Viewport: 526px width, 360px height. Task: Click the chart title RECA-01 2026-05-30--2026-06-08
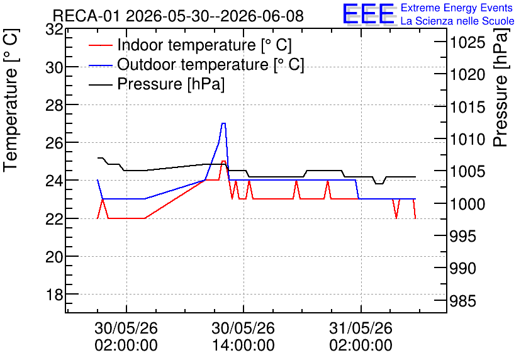[x=178, y=16]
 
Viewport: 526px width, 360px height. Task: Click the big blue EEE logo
[x=368, y=14]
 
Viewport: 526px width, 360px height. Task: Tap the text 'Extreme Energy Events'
[x=457, y=8]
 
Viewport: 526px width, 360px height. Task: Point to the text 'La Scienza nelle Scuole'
[x=457, y=21]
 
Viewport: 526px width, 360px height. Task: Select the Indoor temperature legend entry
[x=190, y=45]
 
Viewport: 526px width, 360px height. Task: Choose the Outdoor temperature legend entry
[x=196, y=64]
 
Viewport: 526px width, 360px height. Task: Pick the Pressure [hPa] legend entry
[x=157, y=84]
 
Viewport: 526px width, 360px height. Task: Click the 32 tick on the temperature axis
[x=54, y=30]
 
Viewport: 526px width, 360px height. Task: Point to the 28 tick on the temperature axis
[x=54, y=105]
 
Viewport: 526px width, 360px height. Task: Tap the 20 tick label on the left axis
[x=54, y=257]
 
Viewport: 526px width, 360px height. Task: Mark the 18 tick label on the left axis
[x=54, y=295]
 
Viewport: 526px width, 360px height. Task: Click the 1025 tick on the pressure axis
[x=467, y=43]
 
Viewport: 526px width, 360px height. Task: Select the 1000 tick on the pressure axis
[x=467, y=204]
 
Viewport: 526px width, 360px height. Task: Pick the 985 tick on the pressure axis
[x=462, y=301]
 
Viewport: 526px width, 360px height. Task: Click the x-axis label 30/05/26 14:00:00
[x=243, y=337]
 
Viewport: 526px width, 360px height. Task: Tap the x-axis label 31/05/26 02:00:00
[x=361, y=337]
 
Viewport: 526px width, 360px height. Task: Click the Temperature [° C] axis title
[x=11, y=100]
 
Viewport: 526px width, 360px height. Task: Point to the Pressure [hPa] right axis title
[x=501, y=87]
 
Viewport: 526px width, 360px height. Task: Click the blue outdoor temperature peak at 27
[x=223, y=123]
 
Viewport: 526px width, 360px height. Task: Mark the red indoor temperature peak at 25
[x=223, y=161]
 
